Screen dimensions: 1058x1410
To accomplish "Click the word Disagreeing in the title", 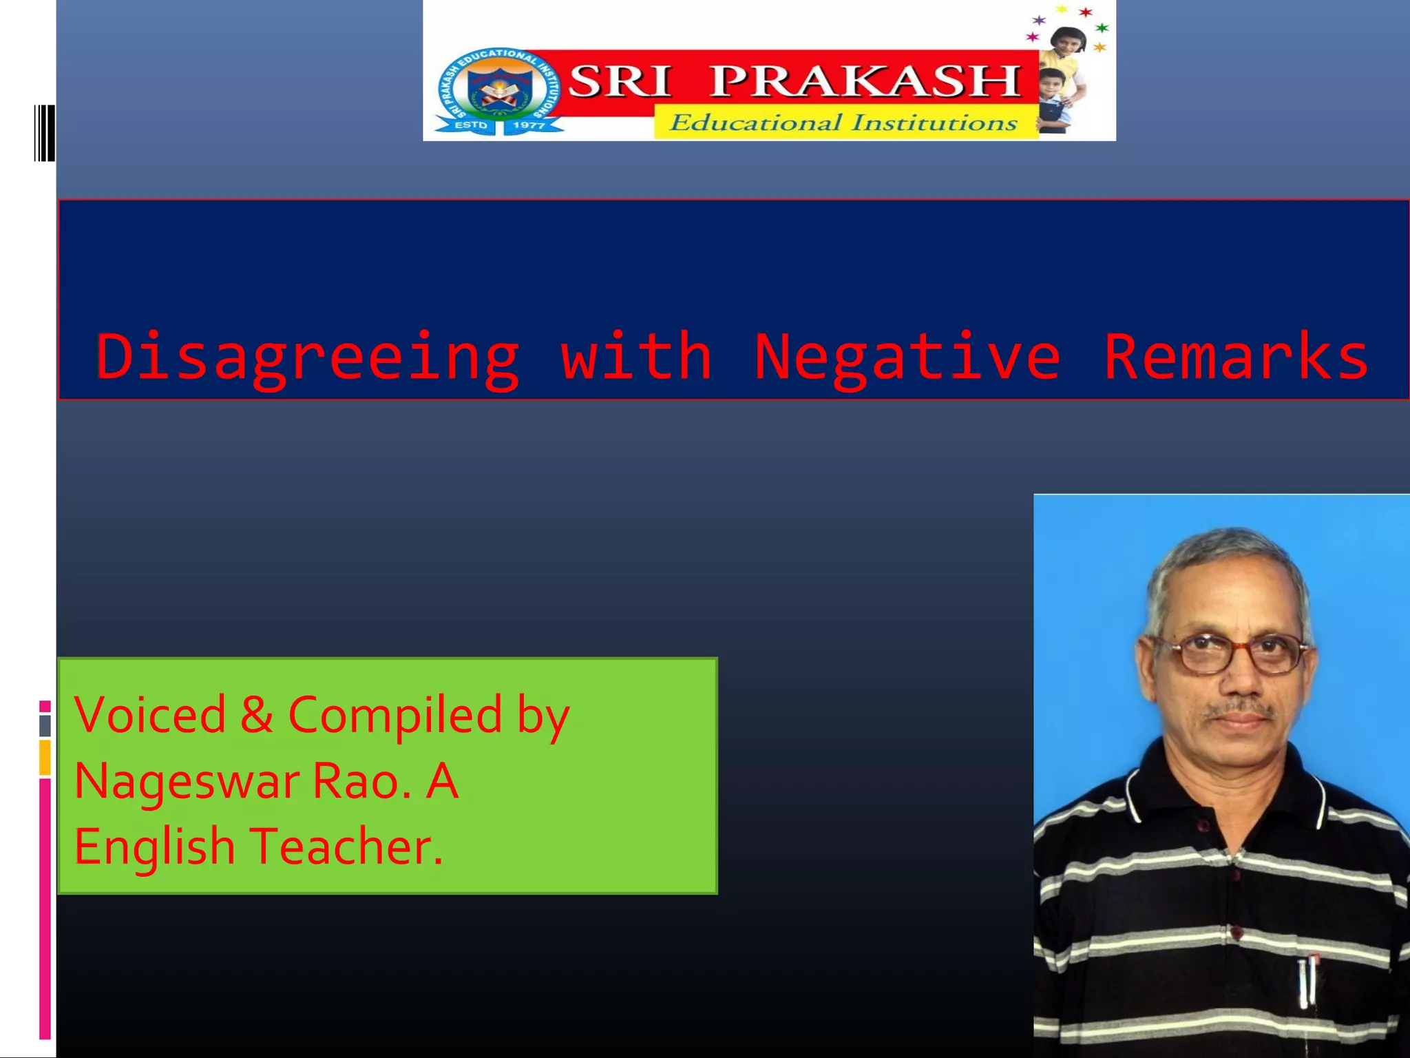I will pyautogui.click(x=307, y=358).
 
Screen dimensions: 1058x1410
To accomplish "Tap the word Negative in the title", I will pyautogui.click(x=907, y=358).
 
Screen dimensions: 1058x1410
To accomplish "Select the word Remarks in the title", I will pyautogui.click(x=1236, y=357).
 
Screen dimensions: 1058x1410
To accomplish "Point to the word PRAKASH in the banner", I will pyautogui.click(x=865, y=81).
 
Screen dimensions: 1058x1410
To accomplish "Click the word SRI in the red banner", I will pyautogui.click(x=620, y=81).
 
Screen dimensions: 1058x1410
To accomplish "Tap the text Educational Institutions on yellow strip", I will pyautogui.click(x=843, y=123).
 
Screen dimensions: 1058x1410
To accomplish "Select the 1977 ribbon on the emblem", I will pyautogui.click(x=529, y=125).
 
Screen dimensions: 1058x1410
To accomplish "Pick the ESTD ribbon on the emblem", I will pyautogui.click(x=471, y=125).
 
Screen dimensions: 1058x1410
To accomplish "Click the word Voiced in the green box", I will pyautogui.click(x=150, y=714).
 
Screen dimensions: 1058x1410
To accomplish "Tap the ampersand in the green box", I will pyautogui.click(x=256, y=714).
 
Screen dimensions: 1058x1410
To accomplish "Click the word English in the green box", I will pyautogui.click(x=154, y=848).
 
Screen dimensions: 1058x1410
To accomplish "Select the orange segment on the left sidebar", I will pyautogui.click(x=45, y=758).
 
